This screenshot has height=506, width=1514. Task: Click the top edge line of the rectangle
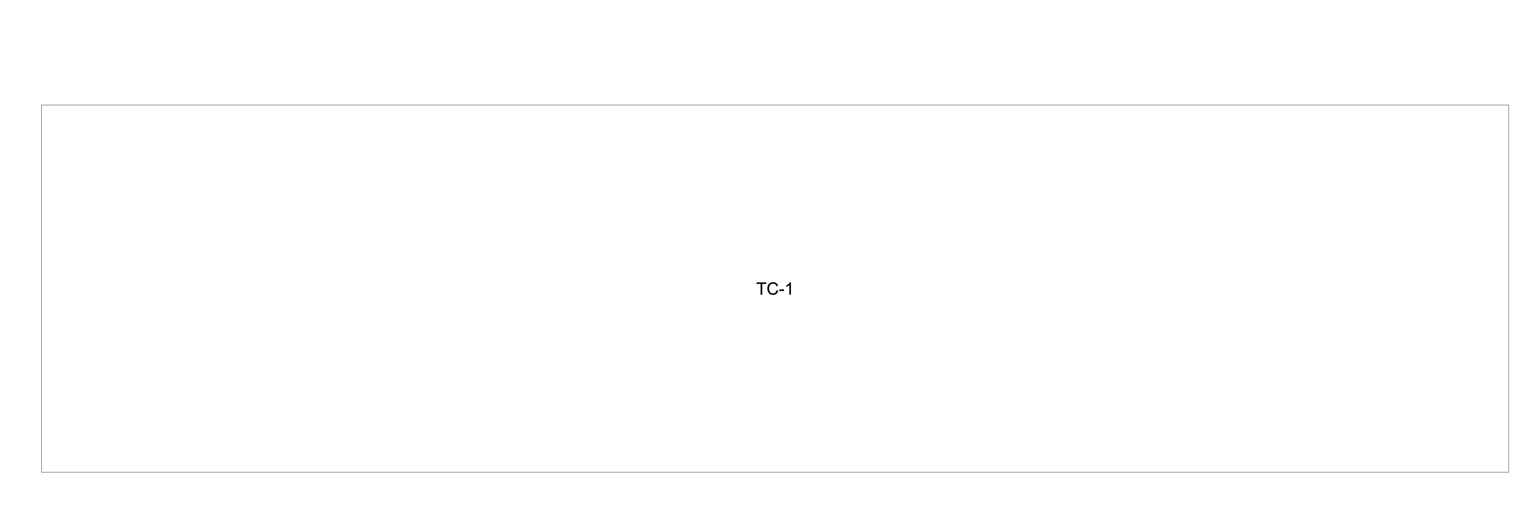click(775, 105)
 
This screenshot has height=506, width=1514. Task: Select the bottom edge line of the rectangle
click(775, 472)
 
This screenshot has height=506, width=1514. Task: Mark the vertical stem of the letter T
click(762, 289)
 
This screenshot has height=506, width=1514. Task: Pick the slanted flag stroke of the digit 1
click(788, 285)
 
